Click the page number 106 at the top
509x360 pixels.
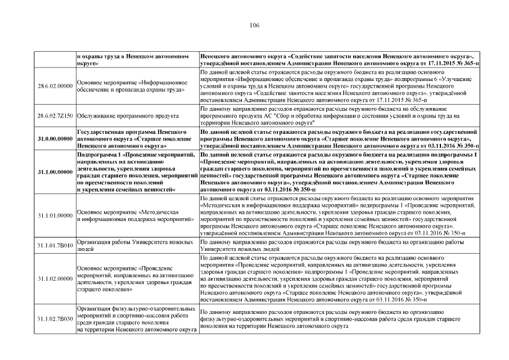254,25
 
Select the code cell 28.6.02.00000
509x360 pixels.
55,85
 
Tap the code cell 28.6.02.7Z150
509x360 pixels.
55,115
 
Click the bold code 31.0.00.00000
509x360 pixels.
55,138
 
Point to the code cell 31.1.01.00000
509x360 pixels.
55,215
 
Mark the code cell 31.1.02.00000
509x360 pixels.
55,278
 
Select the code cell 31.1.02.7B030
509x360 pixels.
55,319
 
